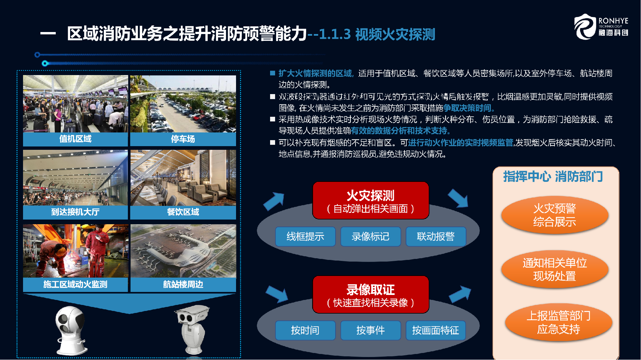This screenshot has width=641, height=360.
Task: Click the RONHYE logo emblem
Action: (x=585, y=27)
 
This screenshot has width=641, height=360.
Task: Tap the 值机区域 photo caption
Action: (x=75, y=139)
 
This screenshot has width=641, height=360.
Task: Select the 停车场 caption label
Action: (x=183, y=139)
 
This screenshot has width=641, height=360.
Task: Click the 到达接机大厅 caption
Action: (x=75, y=212)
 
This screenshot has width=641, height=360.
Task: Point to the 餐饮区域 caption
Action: (x=183, y=212)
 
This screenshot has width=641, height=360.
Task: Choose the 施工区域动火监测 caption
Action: (x=75, y=284)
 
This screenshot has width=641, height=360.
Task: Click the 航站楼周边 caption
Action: (x=183, y=284)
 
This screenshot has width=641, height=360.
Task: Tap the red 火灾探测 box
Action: (x=371, y=201)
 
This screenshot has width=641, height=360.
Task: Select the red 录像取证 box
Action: (x=371, y=295)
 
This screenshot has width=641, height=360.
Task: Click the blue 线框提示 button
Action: (x=305, y=237)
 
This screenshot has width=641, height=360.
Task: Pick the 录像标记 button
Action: (x=371, y=237)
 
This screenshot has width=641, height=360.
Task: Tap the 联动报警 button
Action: (x=436, y=237)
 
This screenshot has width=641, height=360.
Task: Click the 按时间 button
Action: (x=305, y=330)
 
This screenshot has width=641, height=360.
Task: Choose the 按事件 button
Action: (x=371, y=330)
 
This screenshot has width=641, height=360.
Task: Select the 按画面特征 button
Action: (x=436, y=330)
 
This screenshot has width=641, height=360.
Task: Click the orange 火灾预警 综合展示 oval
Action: (x=555, y=215)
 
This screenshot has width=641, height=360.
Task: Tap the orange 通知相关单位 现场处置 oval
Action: (x=555, y=269)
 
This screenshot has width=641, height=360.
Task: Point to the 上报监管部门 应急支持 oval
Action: (x=559, y=322)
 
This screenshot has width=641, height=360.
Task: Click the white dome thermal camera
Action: (x=71, y=330)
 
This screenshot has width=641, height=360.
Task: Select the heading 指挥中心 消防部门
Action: (x=553, y=176)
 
